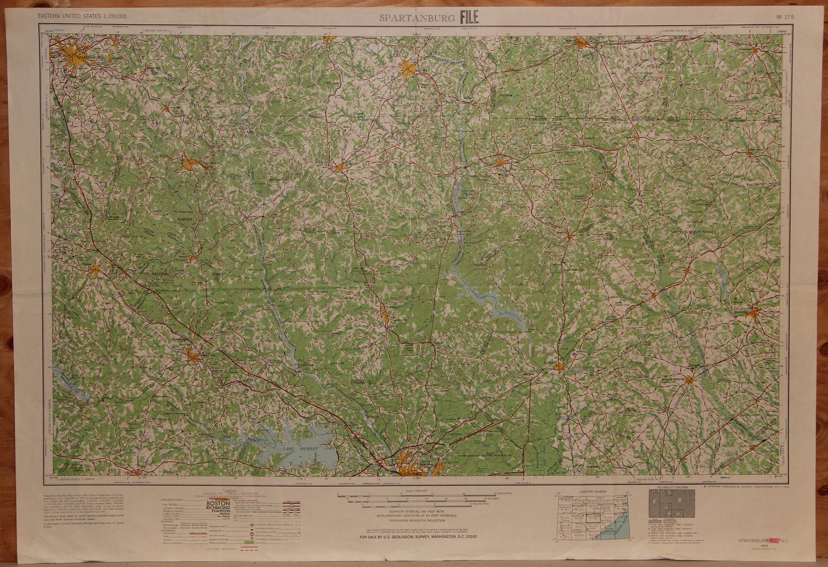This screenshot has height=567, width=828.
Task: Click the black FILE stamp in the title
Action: point(469,17)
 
